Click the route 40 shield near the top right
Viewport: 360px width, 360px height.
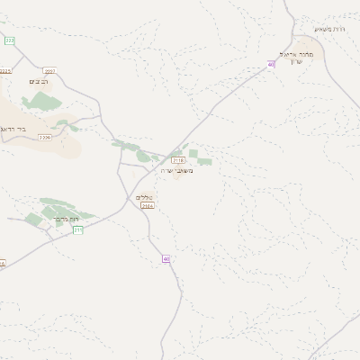[271, 64]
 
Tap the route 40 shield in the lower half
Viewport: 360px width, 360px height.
[166, 258]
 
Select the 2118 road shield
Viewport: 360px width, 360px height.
[177, 159]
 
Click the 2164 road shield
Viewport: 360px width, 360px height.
[148, 206]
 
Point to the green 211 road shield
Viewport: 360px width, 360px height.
[78, 230]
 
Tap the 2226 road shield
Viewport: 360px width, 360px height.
[45, 138]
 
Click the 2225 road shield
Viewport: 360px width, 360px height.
[5, 70]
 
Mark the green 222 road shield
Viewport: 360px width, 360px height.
[10, 40]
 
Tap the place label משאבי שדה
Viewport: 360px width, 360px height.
[176, 170]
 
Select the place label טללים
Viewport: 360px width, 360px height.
[144, 196]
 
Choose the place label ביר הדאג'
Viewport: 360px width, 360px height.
[36, 129]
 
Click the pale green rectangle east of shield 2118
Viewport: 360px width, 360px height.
[204, 162]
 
